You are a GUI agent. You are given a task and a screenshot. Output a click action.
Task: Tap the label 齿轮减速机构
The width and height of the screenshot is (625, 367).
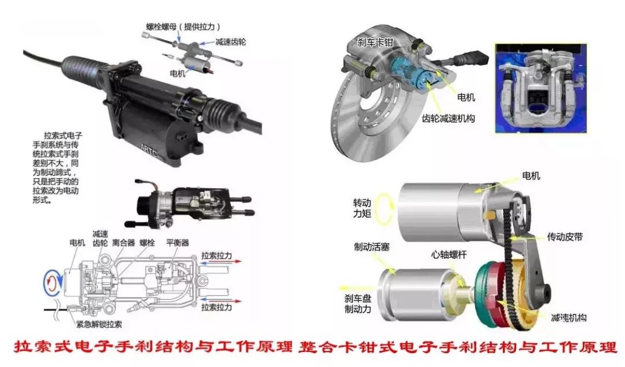coord(448,118)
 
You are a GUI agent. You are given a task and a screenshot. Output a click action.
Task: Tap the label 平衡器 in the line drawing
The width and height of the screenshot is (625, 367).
coord(178,243)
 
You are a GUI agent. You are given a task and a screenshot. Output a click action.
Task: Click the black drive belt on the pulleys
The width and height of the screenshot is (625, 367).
coord(509,243)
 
